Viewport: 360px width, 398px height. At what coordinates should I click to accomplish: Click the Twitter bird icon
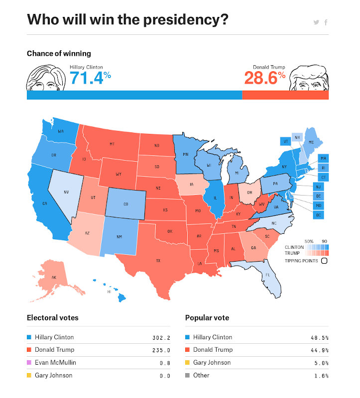click(316, 22)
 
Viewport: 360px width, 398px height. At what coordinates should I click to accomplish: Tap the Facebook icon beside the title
click(326, 22)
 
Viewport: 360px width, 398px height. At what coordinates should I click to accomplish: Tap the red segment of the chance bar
click(285, 95)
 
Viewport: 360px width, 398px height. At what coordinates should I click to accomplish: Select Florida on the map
click(267, 275)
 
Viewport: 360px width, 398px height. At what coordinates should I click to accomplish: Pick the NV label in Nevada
click(66, 192)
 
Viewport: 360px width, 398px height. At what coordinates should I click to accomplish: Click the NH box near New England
click(297, 138)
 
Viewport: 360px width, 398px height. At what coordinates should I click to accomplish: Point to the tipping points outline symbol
click(324, 260)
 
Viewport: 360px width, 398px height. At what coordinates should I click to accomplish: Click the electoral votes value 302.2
click(161, 337)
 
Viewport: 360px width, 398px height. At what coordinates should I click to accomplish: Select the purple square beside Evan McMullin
click(29, 363)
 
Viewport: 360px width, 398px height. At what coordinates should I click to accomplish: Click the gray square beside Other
click(187, 376)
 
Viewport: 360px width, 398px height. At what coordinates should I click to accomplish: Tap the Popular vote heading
click(207, 317)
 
